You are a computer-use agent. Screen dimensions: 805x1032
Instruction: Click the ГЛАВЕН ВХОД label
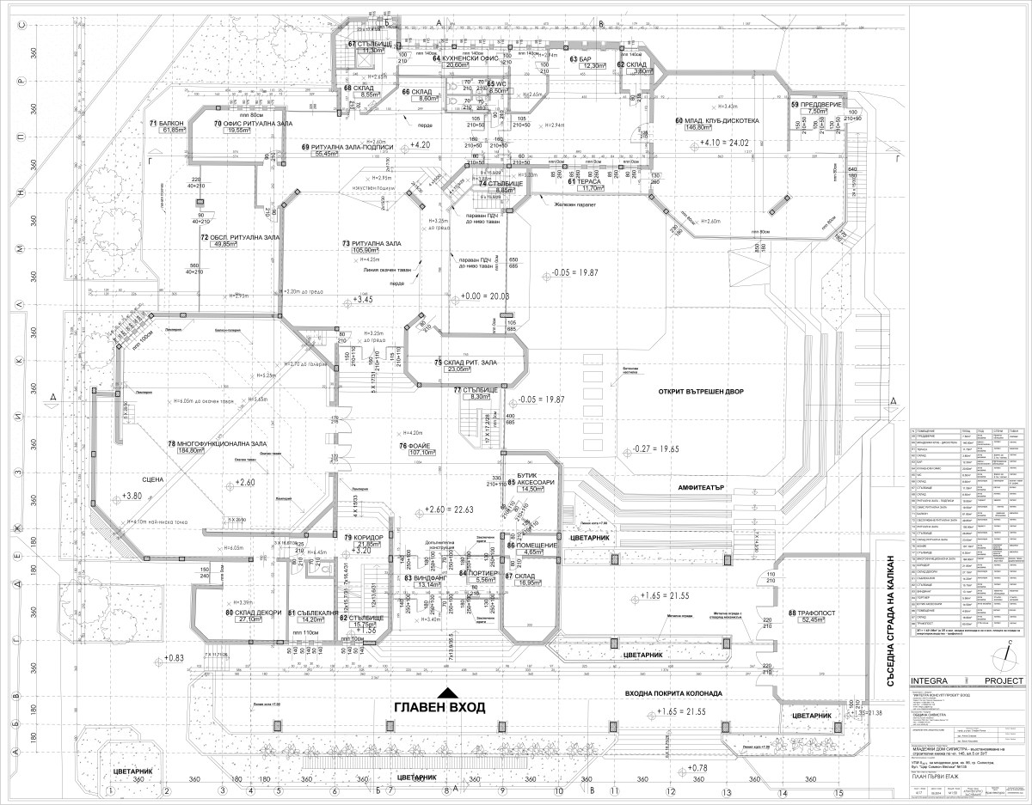(439, 707)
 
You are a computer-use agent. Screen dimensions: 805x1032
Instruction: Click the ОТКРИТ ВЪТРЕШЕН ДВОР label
(702, 392)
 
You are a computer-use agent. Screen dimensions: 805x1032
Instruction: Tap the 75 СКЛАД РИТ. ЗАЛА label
(468, 363)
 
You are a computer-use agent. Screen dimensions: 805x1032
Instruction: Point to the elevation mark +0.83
(173, 658)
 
